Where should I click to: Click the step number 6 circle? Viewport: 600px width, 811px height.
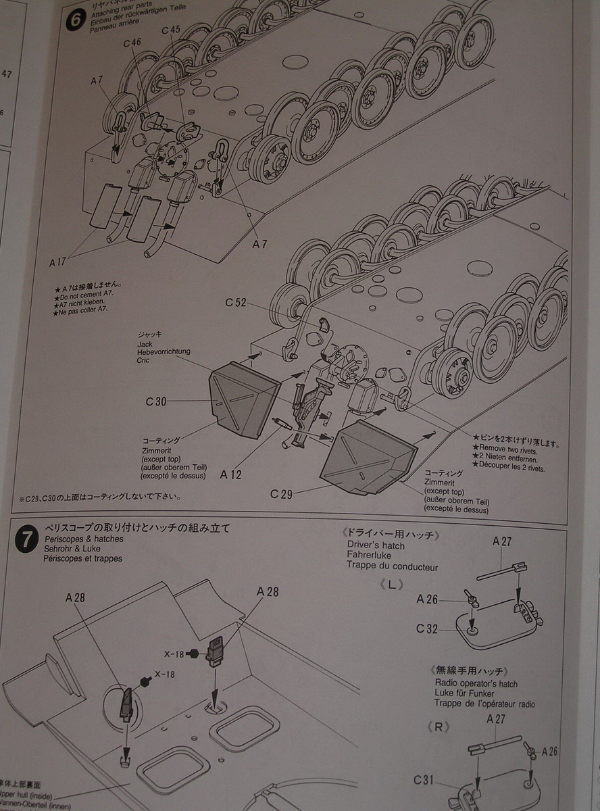click(75, 20)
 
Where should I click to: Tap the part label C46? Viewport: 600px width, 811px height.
click(132, 43)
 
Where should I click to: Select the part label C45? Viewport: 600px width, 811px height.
click(171, 30)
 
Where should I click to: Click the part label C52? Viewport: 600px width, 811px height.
click(236, 302)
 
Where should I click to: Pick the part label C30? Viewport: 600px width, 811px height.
click(155, 401)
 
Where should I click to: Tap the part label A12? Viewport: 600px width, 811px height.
click(230, 474)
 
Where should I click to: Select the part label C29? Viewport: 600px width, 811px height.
click(281, 494)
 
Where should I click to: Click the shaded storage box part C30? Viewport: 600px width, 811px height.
click(243, 398)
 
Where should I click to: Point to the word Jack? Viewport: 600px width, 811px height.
click(145, 344)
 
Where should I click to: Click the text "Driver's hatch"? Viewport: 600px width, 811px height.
click(376, 545)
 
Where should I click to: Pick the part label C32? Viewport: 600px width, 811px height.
click(427, 629)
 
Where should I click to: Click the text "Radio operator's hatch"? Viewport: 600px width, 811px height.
click(476, 684)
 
